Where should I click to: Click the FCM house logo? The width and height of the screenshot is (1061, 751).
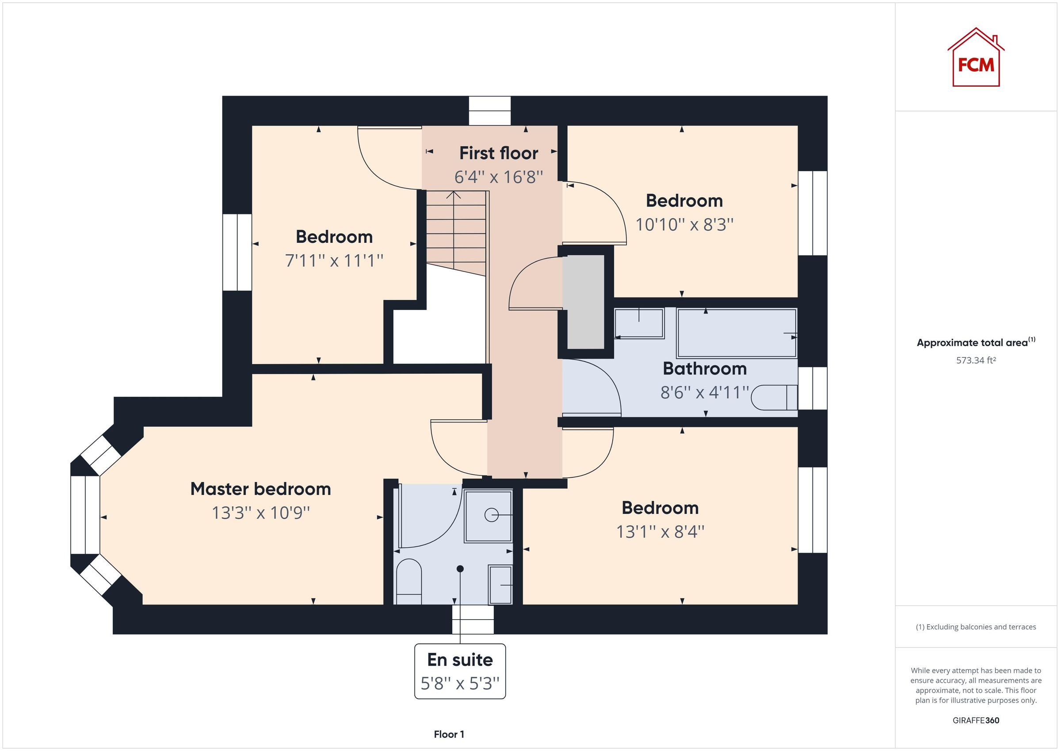pyautogui.click(x=976, y=59)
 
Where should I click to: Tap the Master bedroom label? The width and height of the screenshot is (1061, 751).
pyautogui.click(x=261, y=489)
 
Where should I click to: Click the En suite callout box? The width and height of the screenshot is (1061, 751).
pyautogui.click(x=460, y=671)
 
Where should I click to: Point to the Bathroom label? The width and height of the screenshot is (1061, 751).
pyautogui.click(x=704, y=368)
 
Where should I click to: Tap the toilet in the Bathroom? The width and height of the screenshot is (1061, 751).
pyautogui.click(x=774, y=398)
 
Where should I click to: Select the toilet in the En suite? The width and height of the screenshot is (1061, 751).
pyautogui.click(x=409, y=582)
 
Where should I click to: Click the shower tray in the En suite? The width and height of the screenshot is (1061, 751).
pyautogui.click(x=489, y=516)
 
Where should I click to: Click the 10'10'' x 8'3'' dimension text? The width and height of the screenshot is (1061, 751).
pyautogui.click(x=684, y=225)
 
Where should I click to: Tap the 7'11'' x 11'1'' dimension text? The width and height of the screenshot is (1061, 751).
pyautogui.click(x=334, y=261)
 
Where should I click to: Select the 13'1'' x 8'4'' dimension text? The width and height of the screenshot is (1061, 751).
pyautogui.click(x=660, y=532)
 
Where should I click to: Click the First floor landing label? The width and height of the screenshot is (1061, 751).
pyautogui.click(x=499, y=153)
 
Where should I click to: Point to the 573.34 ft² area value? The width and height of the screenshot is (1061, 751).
pyautogui.click(x=976, y=360)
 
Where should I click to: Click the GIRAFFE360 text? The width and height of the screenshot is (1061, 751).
pyautogui.click(x=976, y=720)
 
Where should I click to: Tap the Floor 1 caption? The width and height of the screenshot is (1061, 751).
pyautogui.click(x=449, y=734)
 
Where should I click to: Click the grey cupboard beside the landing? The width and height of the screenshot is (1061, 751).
pyautogui.click(x=585, y=302)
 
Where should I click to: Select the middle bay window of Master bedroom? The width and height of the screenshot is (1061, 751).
pyautogui.click(x=85, y=515)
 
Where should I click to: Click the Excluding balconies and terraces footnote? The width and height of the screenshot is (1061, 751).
pyautogui.click(x=976, y=627)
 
